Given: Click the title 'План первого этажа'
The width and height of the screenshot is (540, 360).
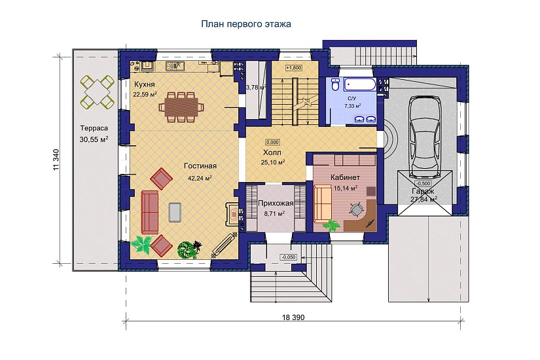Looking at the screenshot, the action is point(246,24).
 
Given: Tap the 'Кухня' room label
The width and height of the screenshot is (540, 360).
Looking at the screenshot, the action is point(144,84).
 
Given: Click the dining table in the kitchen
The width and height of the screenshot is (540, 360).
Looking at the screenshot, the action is point(181,107).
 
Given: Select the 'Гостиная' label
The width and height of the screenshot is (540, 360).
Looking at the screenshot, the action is point(200,166).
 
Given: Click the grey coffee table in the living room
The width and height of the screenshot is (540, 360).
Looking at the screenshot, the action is point(175,212).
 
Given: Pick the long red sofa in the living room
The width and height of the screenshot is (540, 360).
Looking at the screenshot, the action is point(149,212).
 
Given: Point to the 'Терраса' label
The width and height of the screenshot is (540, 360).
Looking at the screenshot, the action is point(94,128).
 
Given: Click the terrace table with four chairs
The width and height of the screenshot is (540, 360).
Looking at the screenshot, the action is point(98,91).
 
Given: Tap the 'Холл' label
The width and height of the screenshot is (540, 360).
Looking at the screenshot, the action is point(272,153).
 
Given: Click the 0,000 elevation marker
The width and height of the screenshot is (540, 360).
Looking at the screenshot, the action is point(272,142).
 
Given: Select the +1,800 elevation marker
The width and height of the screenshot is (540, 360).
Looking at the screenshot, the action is point(294,68).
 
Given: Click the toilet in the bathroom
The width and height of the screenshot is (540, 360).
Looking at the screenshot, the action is point(335,84).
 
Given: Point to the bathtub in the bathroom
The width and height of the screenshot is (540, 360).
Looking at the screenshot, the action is point(360,84).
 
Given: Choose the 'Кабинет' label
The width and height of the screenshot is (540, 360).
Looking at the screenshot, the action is point(345,178).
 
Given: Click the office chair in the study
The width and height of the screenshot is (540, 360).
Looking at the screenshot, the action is point(357,208).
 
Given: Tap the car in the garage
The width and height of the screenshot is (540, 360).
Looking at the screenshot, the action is point(425,137).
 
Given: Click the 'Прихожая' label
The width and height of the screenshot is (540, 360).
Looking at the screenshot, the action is point(276,204).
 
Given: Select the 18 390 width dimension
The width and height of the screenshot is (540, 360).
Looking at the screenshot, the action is point(293,317).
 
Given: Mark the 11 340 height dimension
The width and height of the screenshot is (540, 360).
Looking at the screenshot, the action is point(56,160).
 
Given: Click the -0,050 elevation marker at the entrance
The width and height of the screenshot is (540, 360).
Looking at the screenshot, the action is point(289,257).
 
